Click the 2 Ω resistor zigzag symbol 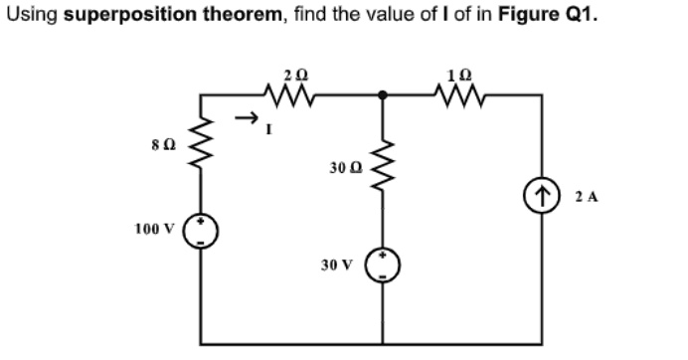pos(290,96)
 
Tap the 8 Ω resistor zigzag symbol pos(204,146)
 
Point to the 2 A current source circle pos(544,196)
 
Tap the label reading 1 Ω pos(461,75)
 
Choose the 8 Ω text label pos(161,146)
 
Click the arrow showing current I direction pos(245,117)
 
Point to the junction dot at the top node pos(386,96)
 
